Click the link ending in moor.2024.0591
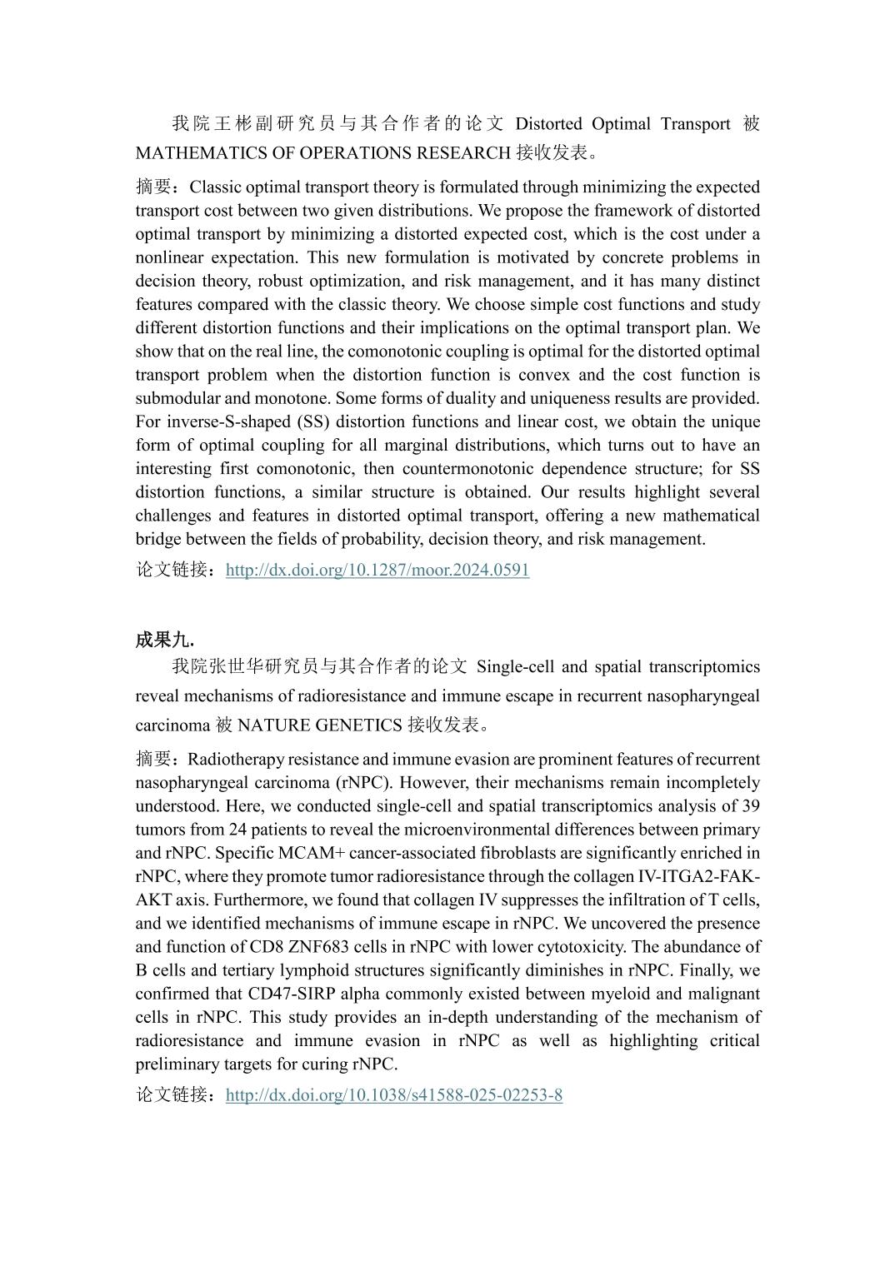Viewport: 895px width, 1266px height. point(377,570)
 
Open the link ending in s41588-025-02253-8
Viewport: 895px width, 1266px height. point(394,1094)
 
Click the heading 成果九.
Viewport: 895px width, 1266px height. point(165,640)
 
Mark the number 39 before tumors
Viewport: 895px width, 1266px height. point(749,806)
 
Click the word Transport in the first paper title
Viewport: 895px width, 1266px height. point(696,124)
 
